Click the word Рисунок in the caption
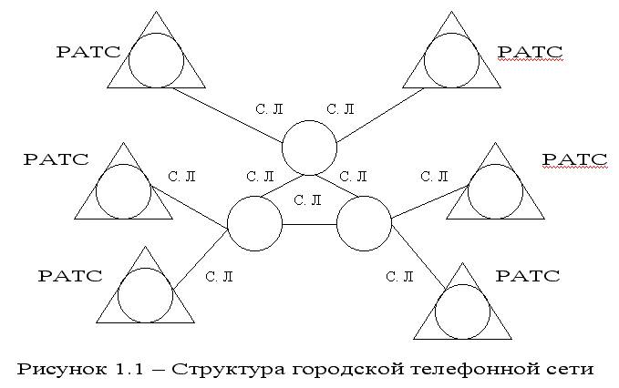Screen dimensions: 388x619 (57, 369)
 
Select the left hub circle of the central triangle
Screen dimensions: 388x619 (253, 224)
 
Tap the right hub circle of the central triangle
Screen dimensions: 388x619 (364, 224)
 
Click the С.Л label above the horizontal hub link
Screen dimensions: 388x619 (310, 199)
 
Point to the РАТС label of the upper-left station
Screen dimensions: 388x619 (88, 52)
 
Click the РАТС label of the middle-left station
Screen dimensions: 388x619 (56, 159)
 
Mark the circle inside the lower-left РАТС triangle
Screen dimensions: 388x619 (145, 296)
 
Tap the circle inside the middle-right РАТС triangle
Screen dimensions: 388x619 (494, 190)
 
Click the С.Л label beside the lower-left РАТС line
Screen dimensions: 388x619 (218, 276)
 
